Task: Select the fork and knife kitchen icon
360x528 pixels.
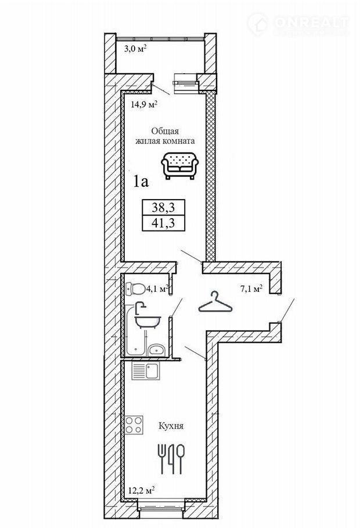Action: (172, 459)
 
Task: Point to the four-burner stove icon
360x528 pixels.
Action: (135, 425)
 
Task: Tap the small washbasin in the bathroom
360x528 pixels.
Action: (155, 349)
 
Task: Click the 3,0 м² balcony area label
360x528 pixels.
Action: (134, 49)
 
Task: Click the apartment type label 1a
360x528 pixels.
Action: (142, 182)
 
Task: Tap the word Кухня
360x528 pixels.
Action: (171, 426)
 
